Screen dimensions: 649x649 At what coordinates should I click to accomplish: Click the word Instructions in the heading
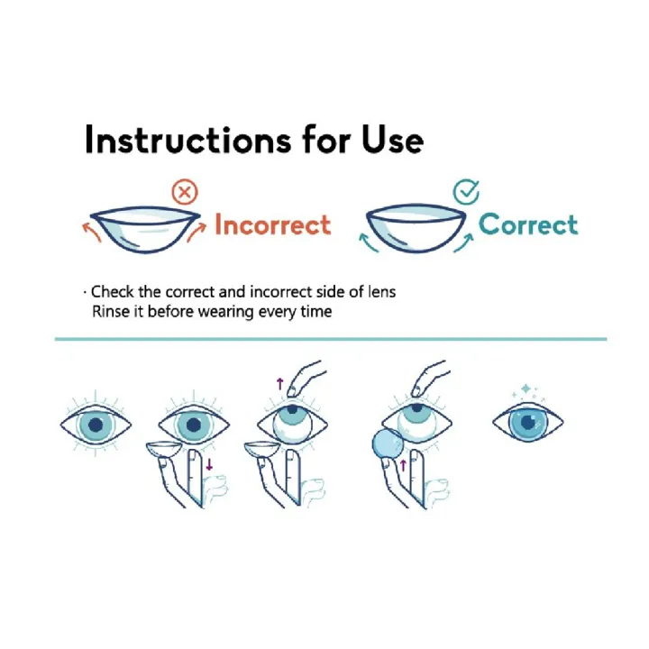(x=187, y=140)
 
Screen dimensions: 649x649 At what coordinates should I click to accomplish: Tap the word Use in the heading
(x=392, y=140)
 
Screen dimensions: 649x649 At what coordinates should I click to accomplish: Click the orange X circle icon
(x=185, y=192)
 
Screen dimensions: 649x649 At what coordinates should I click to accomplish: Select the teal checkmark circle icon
(x=467, y=192)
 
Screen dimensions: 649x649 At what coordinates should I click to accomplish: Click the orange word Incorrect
(x=273, y=224)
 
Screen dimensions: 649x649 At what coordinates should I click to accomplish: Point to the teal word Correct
(x=528, y=224)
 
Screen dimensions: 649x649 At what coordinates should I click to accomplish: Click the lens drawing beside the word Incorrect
(x=145, y=229)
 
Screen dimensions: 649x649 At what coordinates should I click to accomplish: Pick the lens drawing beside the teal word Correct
(x=416, y=227)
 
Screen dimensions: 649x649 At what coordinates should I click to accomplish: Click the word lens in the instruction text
(x=381, y=292)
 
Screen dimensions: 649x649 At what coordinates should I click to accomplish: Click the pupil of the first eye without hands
(x=96, y=425)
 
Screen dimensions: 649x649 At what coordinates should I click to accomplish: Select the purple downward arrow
(x=209, y=464)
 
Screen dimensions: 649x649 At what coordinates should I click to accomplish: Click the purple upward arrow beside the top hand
(x=279, y=384)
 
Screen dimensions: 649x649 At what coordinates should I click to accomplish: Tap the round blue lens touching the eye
(x=388, y=443)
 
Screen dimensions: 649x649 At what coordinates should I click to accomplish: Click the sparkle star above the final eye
(x=526, y=388)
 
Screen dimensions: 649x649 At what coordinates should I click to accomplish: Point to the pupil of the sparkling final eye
(x=527, y=423)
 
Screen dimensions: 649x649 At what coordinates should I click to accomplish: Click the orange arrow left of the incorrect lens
(x=91, y=232)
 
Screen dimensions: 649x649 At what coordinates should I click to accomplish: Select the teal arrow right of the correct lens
(x=464, y=242)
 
